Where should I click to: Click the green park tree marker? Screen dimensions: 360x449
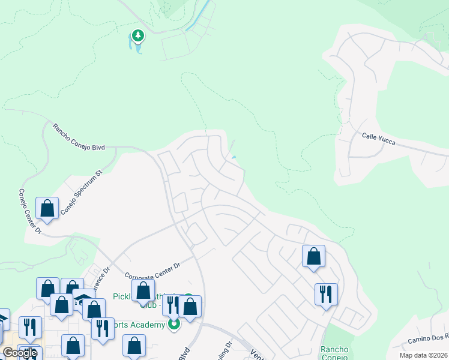click(x=139, y=37)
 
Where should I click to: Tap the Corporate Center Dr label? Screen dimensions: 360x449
click(x=152, y=269)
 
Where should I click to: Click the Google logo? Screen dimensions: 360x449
click(x=19, y=352)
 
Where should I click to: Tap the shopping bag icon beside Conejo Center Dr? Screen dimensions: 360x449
click(x=47, y=208)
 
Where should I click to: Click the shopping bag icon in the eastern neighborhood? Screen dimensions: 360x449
click(x=313, y=256)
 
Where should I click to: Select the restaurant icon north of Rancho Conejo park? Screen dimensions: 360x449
click(x=326, y=294)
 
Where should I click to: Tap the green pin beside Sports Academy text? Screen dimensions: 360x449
click(x=174, y=325)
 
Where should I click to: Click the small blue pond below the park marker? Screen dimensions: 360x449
click(x=138, y=47)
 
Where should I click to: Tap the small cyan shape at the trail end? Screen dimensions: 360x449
click(x=234, y=158)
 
